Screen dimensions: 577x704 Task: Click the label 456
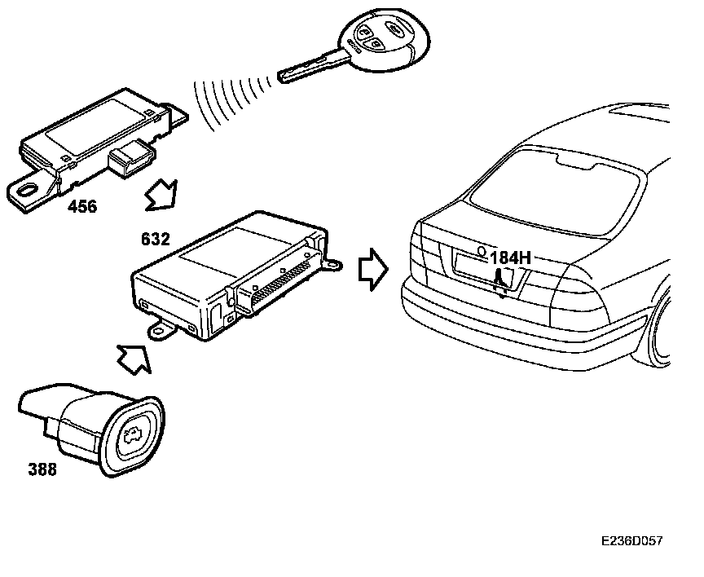point(81,207)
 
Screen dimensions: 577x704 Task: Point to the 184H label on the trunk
point(510,258)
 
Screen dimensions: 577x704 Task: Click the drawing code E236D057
point(631,541)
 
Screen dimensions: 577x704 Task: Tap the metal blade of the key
point(308,68)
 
